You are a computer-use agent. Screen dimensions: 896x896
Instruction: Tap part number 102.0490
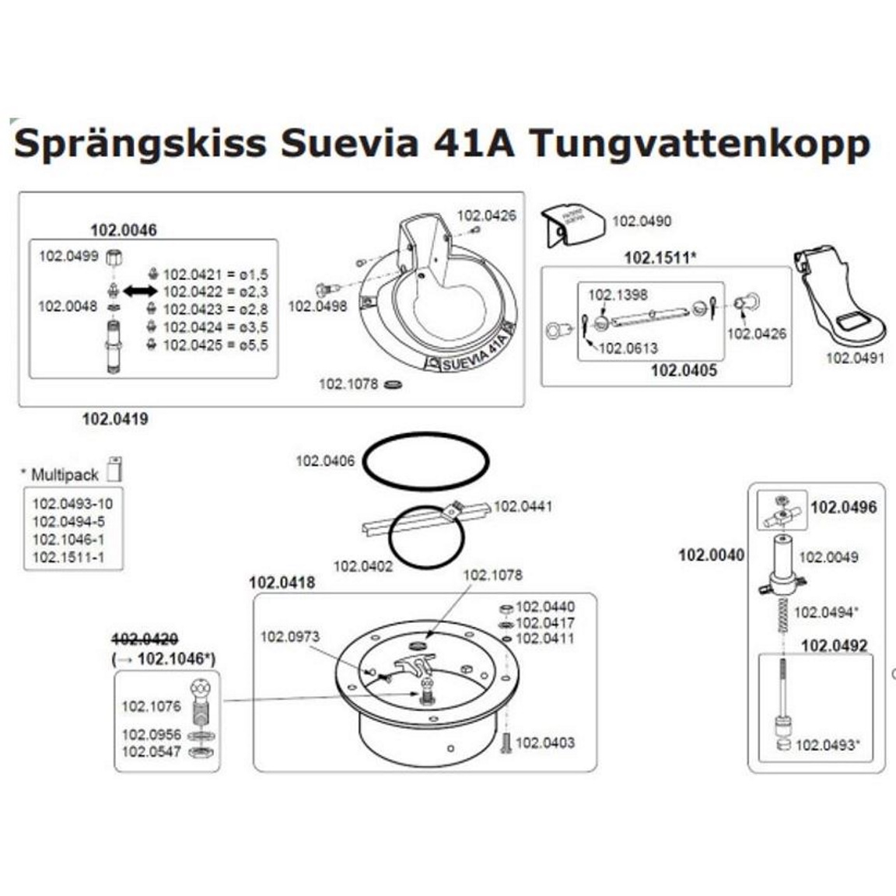pyautogui.click(x=641, y=221)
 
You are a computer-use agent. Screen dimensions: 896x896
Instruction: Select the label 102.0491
pyautogui.click(x=854, y=358)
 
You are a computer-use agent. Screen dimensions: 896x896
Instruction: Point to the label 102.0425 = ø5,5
pyautogui.click(x=215, y=345)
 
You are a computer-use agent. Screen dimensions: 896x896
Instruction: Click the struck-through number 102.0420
pyautogui.click(x=145, y=639)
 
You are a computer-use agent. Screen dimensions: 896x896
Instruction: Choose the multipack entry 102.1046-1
pyautogui.click(x=68, y=539)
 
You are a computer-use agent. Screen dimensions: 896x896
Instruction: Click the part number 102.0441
pyautogui.click(x=523, y=506)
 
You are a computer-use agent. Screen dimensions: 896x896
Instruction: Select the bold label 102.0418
pyautogui.click(x=282, y=583)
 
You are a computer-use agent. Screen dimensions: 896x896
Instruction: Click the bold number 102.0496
pyautogui.click(x=843, y=507)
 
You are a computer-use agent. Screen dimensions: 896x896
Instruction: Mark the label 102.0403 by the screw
pyautogui.click(x=545, y=743)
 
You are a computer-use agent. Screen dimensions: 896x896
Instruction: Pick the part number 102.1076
pyautogui.click(x=151, y=706)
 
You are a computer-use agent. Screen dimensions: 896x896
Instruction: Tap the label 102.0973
pyautogui.click(x=289, y=637)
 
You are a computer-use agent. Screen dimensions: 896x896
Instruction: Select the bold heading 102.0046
pyautogui.click(x=123, y=229)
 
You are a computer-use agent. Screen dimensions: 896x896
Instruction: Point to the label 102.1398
pyautogui.click(x=617, y=295)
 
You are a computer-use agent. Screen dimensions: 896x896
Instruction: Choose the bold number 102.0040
pyautogui.click(x=711, y=555)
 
